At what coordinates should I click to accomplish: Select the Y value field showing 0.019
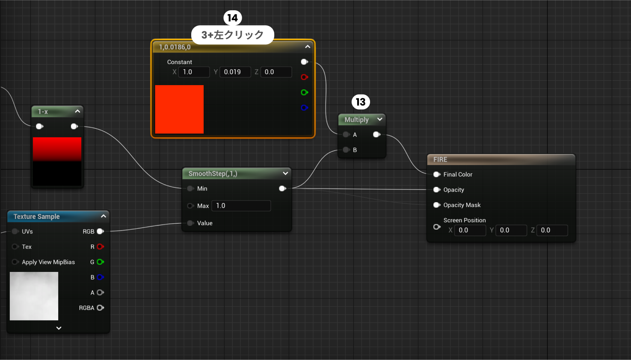235,72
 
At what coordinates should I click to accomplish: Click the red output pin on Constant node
304,77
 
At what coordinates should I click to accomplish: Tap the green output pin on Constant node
304,92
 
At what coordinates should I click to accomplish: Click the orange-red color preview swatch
179,109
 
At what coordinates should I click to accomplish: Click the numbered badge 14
232,18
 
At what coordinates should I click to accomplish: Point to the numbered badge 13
361,102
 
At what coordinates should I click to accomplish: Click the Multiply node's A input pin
346,135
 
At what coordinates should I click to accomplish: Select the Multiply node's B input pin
346,150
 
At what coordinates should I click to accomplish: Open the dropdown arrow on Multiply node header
379,119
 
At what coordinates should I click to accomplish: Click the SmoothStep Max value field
241,206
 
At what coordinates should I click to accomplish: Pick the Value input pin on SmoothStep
190,223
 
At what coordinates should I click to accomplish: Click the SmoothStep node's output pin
282,189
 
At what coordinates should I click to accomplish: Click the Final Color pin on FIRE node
437,174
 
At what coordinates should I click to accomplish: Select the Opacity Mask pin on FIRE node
437,205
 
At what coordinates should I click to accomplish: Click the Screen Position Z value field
552,230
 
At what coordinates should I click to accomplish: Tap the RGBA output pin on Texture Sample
100,308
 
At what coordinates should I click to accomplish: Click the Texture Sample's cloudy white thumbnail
34,296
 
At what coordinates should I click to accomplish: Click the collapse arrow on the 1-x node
77,111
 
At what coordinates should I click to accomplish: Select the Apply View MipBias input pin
15,262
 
